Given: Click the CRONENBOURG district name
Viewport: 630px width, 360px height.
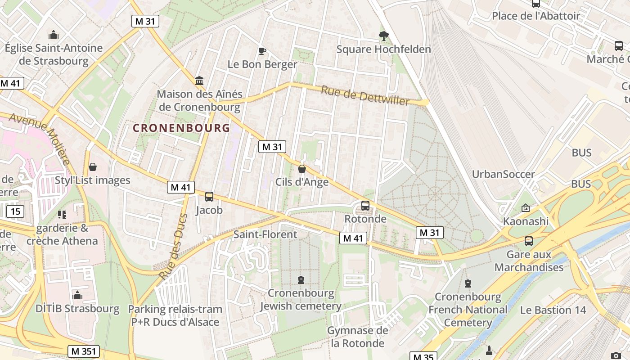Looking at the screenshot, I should [181, 128].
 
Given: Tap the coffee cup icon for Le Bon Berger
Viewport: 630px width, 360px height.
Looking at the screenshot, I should [262, 51].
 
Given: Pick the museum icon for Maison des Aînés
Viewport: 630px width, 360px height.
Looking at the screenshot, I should [199, 81].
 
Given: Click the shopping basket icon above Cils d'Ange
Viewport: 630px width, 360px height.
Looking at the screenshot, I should [302, 169].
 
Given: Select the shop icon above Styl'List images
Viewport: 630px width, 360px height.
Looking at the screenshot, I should [93, 167].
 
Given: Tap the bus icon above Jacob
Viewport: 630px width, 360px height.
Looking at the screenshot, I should [209, 197].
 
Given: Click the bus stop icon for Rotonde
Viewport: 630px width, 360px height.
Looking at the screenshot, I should [365, 206].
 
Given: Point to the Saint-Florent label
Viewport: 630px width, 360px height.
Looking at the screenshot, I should [265, 234].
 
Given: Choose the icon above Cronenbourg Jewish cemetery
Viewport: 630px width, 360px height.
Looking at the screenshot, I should [301, 280].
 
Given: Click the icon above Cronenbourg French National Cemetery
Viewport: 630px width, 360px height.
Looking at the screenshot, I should [468, 283].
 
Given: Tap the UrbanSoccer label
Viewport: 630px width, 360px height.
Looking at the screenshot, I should [503, 174].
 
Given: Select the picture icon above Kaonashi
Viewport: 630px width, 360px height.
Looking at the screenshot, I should [525, 208].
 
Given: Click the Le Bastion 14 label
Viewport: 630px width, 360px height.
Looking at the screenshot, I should [553, 310].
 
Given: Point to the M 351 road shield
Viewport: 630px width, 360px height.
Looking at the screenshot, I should [84, 351].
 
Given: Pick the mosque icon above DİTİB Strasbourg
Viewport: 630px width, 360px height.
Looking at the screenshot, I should [77, 295].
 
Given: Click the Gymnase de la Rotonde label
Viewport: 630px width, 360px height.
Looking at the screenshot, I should [357, 337].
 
